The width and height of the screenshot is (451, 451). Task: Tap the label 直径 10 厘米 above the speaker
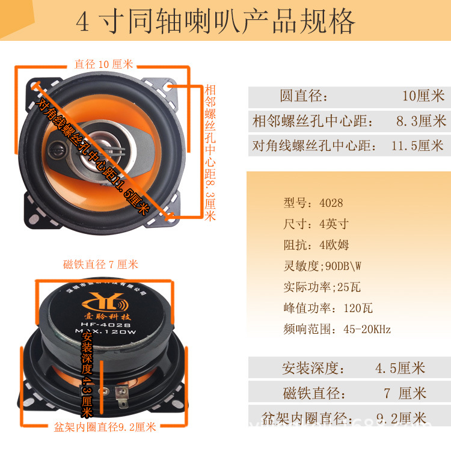click(x=103, y=64)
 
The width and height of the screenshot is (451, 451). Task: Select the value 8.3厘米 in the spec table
click(x=420, y=121)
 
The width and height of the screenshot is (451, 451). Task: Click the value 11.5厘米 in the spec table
click(x=417, y=146)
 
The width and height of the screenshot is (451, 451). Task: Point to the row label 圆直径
click(x=304, y=96)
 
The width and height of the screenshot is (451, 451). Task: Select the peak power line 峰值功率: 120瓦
click(x=328, y=308)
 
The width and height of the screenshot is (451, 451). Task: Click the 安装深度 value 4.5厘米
click(x=400, y=368)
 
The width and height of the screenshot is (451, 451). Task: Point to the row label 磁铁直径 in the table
click(x=314, y=393)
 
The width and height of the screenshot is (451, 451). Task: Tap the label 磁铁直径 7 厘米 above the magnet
click(x=100, y=265)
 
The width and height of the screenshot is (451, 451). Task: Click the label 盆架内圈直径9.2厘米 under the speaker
click(x=105, y=427)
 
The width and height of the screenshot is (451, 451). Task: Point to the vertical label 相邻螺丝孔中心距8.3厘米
click(x=210, y=153)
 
